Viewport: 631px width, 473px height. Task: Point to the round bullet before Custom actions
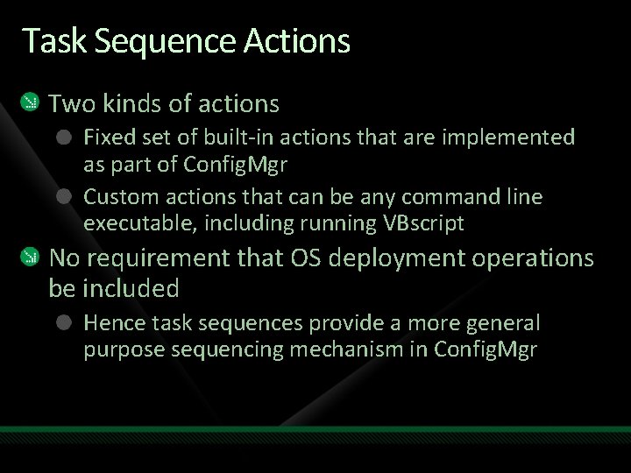coord(64,197)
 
